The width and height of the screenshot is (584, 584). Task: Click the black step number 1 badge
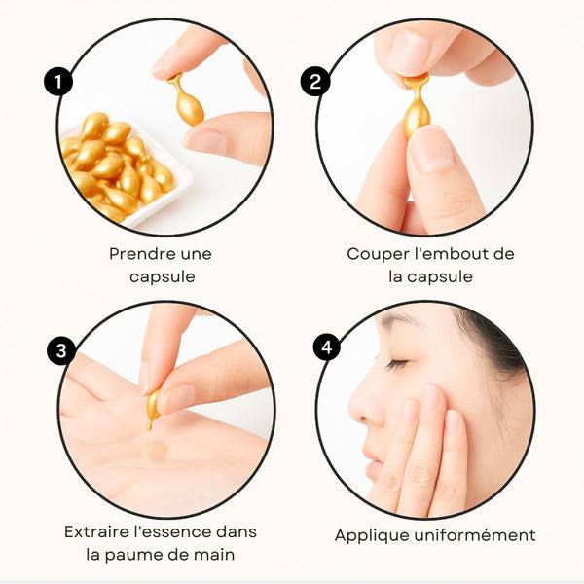click(58, 81)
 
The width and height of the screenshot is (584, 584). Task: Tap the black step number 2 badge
click(315, 81)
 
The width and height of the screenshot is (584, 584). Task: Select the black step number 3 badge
click(61, 350)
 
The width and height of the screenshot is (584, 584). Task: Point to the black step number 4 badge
click(327, 347)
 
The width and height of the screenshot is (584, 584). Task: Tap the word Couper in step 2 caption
click(378, 255)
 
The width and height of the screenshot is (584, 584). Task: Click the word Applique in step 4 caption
click(372, 536)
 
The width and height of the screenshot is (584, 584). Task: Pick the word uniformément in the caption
click(475, 534)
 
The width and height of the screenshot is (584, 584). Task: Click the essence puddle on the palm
click(153, 451)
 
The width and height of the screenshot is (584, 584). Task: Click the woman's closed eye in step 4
click(396, 364)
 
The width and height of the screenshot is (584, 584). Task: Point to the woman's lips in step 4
click(373, 466)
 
